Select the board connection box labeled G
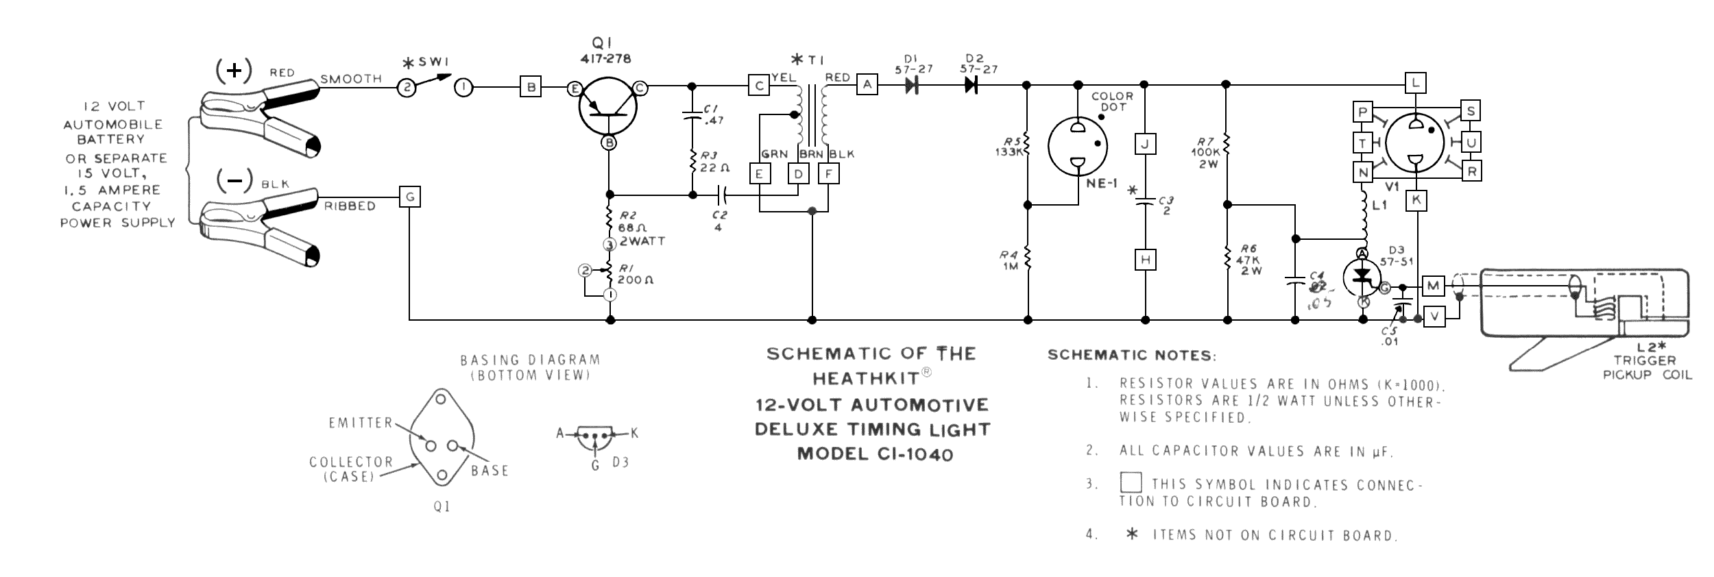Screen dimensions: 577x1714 click(x=410, y=197)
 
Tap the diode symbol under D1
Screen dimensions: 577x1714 click(x=912, y=85)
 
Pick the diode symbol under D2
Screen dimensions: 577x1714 click(x=970, y=85)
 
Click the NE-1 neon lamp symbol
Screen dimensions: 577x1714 click(x=1078, y=146)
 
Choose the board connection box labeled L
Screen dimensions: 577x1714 click(x=1416, y=84)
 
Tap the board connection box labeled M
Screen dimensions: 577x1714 click(x=1434, y=285)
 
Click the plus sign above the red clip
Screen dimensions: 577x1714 click(x=234, y=71)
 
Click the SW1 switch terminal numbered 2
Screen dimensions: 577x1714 click(x=406, y=88)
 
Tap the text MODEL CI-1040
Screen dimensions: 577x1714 click(x=875, y=454)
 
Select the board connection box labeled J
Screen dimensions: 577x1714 click(x=1145, y=144)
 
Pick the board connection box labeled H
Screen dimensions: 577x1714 click(x=1145, y=260)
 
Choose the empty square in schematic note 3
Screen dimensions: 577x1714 click(x=1131, y=482)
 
